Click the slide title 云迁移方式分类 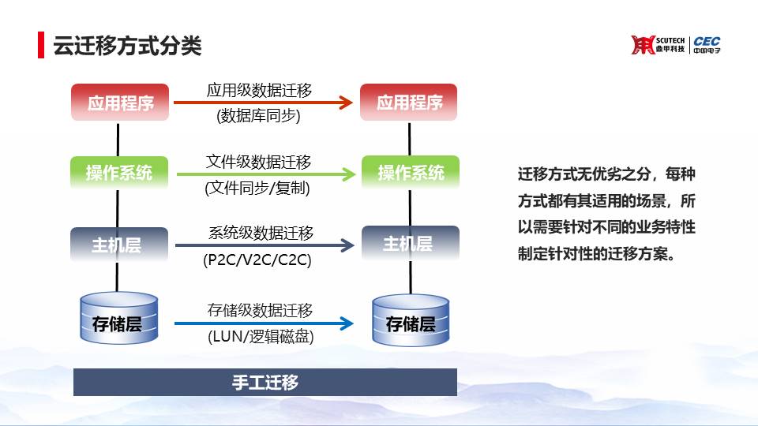[x=127, y=46]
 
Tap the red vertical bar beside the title [x=41, y=45]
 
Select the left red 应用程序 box [x=120, y=103]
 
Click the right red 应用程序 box [x=409, y=102]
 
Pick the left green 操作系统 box [x=119, y=173]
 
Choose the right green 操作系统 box [x=411, y=172]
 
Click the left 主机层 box [x=119, y=245]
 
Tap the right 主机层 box [x=411, y=244]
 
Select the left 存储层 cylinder [x=119, y=318]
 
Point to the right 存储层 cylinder [x=411, y=319]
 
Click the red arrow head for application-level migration [x=346, y=103]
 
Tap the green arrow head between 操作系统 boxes [x=349, y=174]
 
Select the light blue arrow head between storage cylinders [x=347, y=323]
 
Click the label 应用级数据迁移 [x=260, y=90]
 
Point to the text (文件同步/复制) [x=257, y=188]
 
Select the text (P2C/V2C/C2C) [x=257, y=260]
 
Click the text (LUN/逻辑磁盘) [x=261, y=336]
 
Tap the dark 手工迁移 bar [x=265, y=382]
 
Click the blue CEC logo [x=707, y=44]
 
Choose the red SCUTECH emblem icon [x=643, y=45]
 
